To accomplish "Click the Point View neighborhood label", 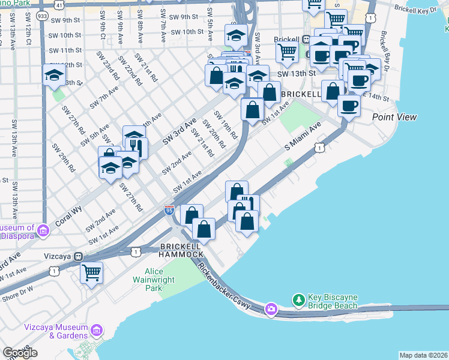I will click(394, 117).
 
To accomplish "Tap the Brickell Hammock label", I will click(181, 251).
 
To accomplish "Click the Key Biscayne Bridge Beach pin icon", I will click(298, 299).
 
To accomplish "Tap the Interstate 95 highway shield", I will click(169, 211).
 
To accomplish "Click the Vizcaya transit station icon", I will click(77, 256).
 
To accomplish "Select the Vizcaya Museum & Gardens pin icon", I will click(96, 330).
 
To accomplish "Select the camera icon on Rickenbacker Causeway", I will click(271, 309).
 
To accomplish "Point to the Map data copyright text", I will click(423, 355).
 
